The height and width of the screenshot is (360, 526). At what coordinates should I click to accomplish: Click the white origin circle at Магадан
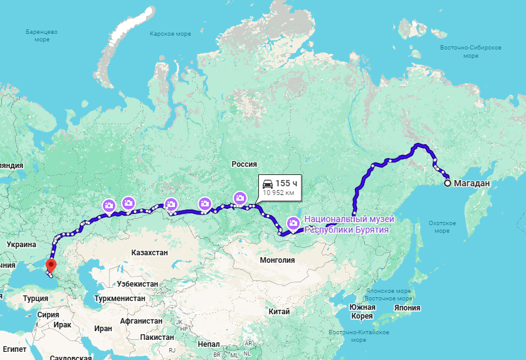click(x=448, y=184)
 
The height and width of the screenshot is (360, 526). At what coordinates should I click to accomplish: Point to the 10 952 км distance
click(x=278, y=193)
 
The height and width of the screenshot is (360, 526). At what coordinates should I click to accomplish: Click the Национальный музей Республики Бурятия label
click(x=349, y=225)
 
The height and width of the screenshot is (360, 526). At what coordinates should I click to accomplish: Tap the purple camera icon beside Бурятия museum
click(x=293, y=223)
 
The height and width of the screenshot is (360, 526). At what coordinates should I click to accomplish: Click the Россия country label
click(x=245, y=164)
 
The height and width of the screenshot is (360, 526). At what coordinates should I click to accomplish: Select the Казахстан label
click(x=150, y=251)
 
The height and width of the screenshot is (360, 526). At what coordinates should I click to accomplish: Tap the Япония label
click(x=408, y=308)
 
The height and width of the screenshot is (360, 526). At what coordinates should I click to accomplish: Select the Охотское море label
click(x=438, y=226)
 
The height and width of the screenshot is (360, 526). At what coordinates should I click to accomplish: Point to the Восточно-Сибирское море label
click(x=470, y=51)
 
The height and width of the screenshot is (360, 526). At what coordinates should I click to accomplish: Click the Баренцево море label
click(x=42, y=35)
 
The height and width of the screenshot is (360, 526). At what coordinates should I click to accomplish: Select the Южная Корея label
click(x=362, y=311)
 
